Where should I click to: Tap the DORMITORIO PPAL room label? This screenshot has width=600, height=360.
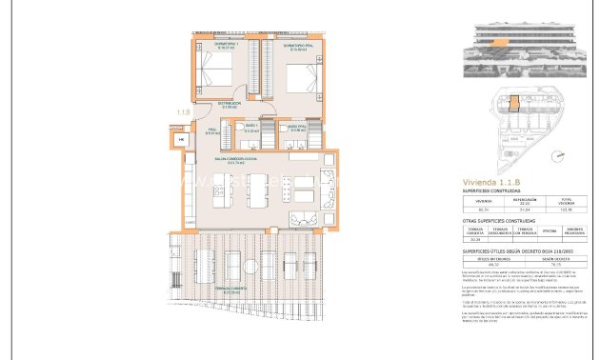pos(299,43)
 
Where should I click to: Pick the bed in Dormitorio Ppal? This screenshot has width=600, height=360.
pos(297,73)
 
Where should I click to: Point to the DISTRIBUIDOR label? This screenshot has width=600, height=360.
pos(230,105)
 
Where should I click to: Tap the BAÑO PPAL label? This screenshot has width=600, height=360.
pos(297,127)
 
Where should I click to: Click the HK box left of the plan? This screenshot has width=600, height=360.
pos(181,141)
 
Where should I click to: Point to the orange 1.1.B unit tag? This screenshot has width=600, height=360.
pos(183,112)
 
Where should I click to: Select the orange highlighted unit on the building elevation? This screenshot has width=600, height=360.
pos(495,43)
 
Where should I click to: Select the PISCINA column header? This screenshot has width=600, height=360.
pos(549,230)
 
